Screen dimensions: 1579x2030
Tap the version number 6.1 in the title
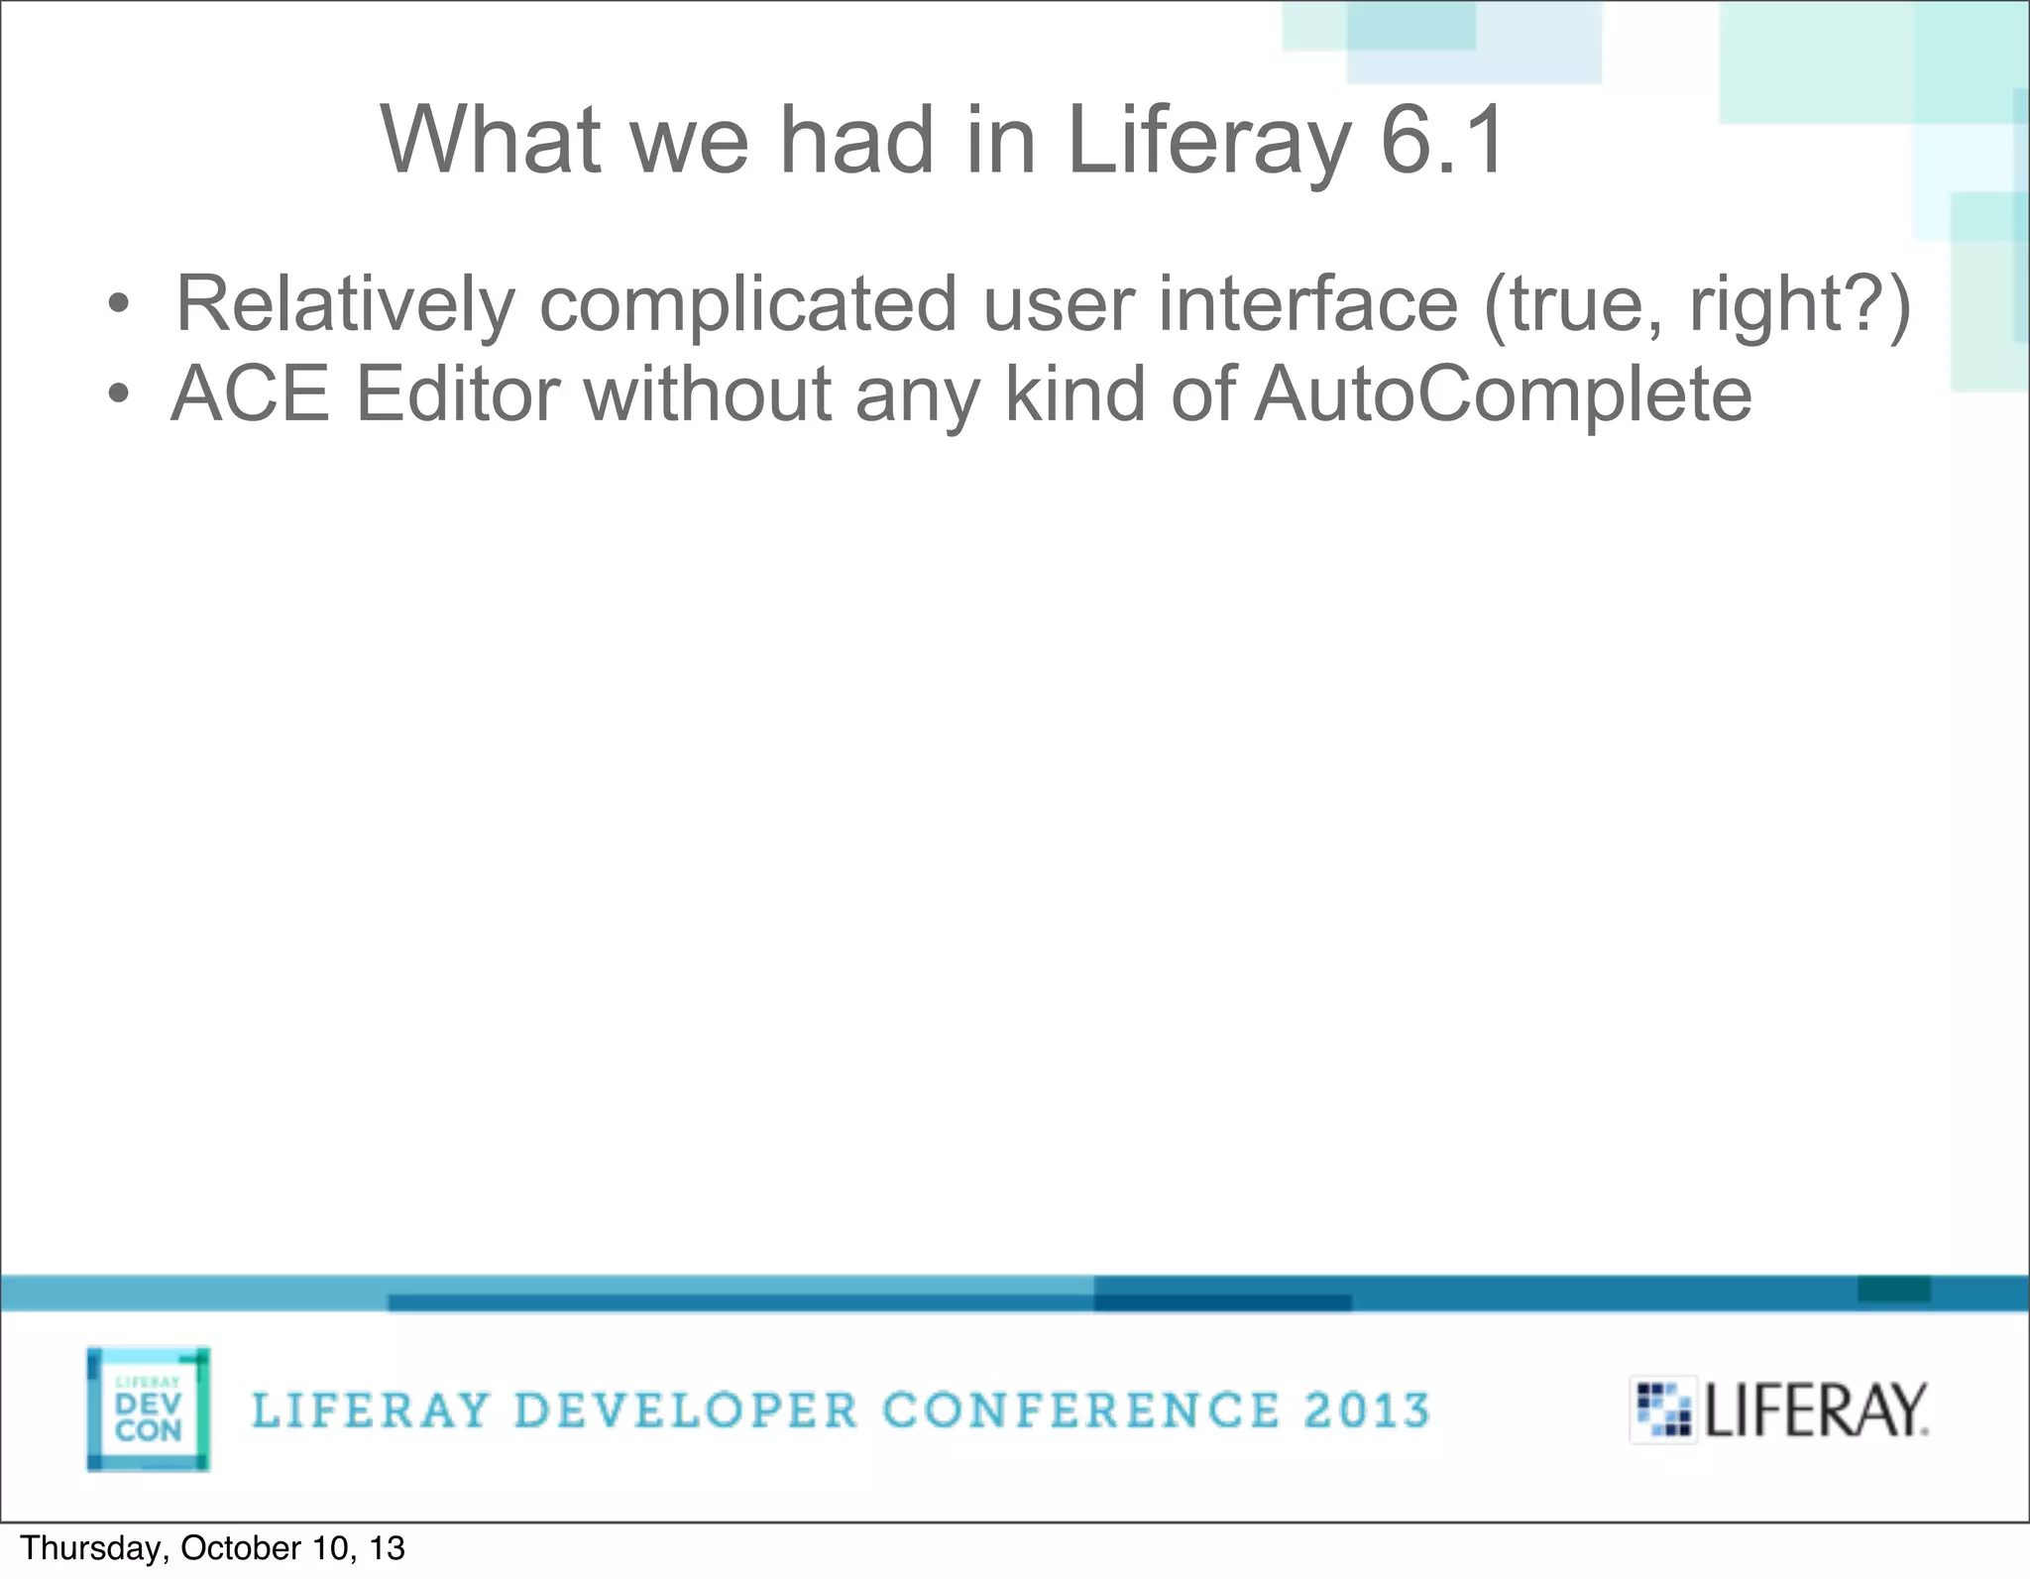[x=1443, y=141]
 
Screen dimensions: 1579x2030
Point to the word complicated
[x=747, y=304]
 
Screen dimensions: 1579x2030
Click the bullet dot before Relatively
[x=118, y=304]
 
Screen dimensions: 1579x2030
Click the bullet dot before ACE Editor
[x=118, y=395]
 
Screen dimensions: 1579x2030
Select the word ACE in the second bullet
[x=250, y=395]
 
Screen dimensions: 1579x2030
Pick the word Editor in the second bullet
[x=457, y=395]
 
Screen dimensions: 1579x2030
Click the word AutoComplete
[x=1503, y=395]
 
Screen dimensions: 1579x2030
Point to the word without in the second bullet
[x=707, y=395]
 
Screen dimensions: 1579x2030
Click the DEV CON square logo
[x=149, y=1409]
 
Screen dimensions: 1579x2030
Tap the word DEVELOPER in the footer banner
[x=686, y=1410]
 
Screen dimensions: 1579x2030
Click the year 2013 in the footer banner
[x=1367, y=1410]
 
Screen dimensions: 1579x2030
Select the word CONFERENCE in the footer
[x=1080, y=1410]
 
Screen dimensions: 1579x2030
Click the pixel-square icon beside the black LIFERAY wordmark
[x=1662, y=1409]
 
